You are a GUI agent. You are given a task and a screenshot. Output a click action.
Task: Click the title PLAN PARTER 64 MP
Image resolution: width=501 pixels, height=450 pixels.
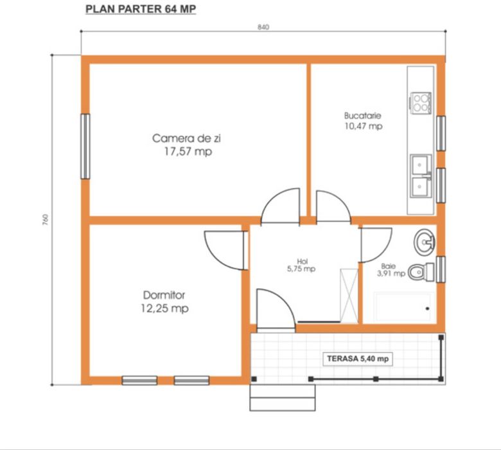click(x=141, y=9)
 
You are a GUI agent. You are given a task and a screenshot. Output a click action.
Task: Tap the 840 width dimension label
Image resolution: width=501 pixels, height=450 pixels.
click(x=263, y=27)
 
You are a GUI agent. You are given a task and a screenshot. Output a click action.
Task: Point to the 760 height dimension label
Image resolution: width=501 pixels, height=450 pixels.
click(x=46, y=220)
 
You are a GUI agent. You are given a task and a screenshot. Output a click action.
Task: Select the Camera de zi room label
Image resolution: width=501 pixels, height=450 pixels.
click(x=187, y=145)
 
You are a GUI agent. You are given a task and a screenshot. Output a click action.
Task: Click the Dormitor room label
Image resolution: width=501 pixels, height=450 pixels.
click(x=164, y=301)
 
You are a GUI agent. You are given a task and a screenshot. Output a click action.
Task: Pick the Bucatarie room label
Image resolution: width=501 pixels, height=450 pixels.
click(x=364, y=121)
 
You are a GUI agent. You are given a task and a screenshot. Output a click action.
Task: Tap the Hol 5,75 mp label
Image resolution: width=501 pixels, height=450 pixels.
click(x=301, y=265)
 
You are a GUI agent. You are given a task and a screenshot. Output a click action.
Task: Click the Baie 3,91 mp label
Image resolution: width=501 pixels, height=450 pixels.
click(x=391, y=270)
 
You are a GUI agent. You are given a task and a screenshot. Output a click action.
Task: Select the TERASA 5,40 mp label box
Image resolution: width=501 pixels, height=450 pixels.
click(x=358, y=359)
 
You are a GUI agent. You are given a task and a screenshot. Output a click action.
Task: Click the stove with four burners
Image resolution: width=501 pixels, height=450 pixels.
click(x=421, y=103)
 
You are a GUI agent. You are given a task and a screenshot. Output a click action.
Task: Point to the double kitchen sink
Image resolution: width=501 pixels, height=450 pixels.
click(x=421, y=176)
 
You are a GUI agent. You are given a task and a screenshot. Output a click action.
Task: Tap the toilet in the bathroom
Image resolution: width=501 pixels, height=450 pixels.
click(x=421, y=272)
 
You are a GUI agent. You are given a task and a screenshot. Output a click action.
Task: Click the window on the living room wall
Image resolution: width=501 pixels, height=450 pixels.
click(x=85, y=146)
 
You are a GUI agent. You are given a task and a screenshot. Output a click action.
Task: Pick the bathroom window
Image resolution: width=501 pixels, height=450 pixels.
click(x=441, y=269)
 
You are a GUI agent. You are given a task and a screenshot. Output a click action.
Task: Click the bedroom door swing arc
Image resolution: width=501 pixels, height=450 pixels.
click(x=215, y=257)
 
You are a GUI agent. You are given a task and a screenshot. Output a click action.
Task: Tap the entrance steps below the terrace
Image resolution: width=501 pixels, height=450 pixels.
click(x=283, y=397)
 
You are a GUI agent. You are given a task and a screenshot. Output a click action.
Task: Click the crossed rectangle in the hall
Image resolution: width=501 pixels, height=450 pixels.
click(x=349, y=296)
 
